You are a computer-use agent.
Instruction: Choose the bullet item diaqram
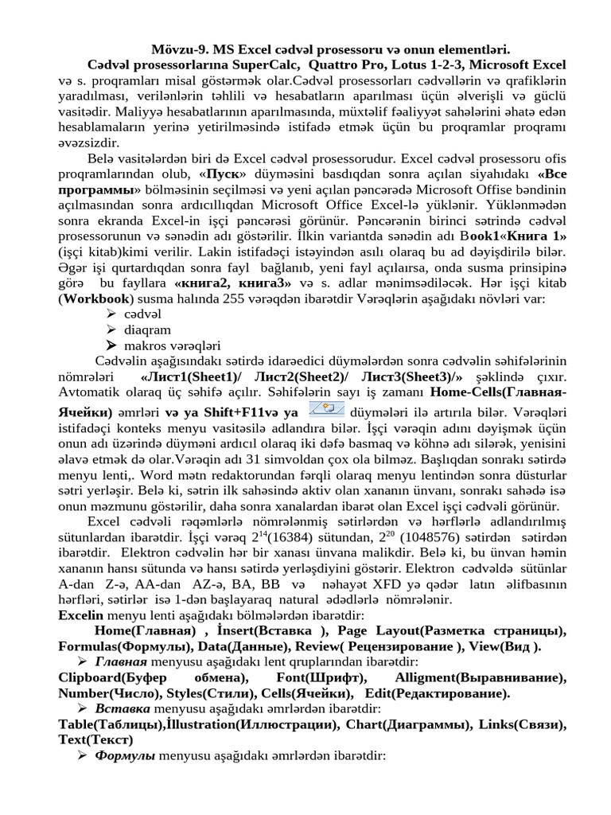pyautogui.click(x=147, y=330)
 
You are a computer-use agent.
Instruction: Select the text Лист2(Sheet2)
pyautogui.click(x=282, y=376)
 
